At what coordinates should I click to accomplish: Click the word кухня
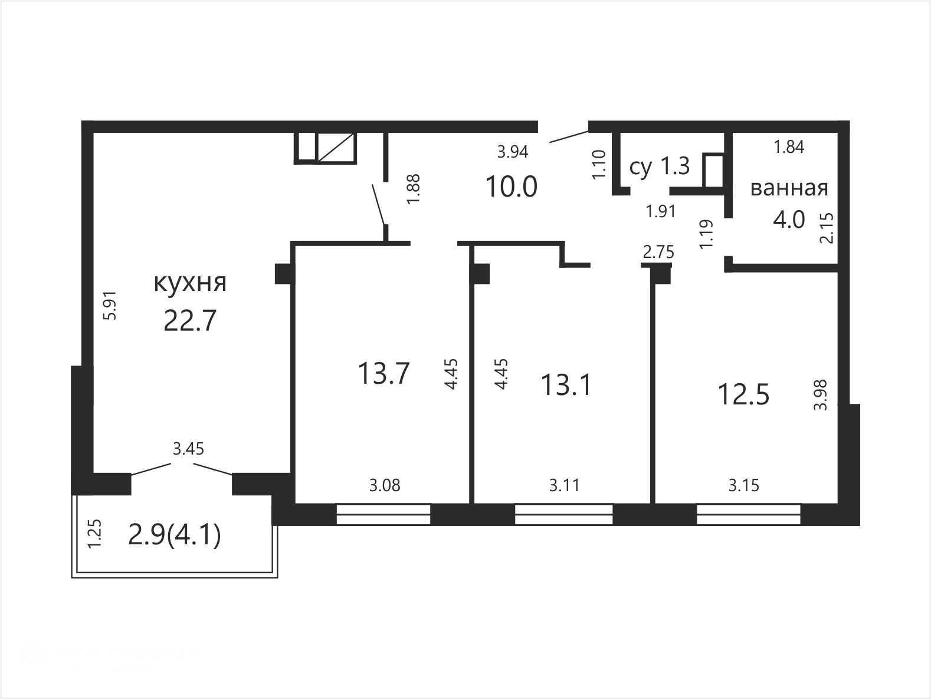click(x=190, y=283)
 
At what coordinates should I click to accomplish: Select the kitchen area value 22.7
click(x=190, y=321)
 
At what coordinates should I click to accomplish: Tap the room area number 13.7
click(x=384, y=374)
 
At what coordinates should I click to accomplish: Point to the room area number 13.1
click(x=566, y=386)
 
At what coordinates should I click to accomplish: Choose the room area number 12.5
click(x=743, y=395)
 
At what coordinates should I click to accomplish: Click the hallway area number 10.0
click(x=512, y=187)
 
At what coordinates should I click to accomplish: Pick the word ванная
click(x=789, y=188)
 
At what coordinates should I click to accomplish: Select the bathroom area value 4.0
click(x=789, y=220)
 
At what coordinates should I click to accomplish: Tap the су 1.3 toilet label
click(x=660, y=166)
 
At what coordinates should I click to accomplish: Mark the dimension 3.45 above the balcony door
click(x=188, y=449)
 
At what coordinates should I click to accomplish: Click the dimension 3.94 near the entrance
click(x=512, y=152)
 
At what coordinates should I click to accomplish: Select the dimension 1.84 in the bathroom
click(x=789, y=147)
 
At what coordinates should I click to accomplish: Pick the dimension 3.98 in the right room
click(x=820, y=395)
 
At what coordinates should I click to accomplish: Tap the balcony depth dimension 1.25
click(x=94, y=534)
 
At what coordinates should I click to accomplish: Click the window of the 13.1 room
click(x=563, y=514)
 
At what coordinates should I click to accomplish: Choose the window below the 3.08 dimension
click(x=383, y=514)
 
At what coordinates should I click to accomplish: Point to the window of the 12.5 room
click(x=749, y=514)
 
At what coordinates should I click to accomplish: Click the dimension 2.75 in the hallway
click(x=658, y=253)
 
